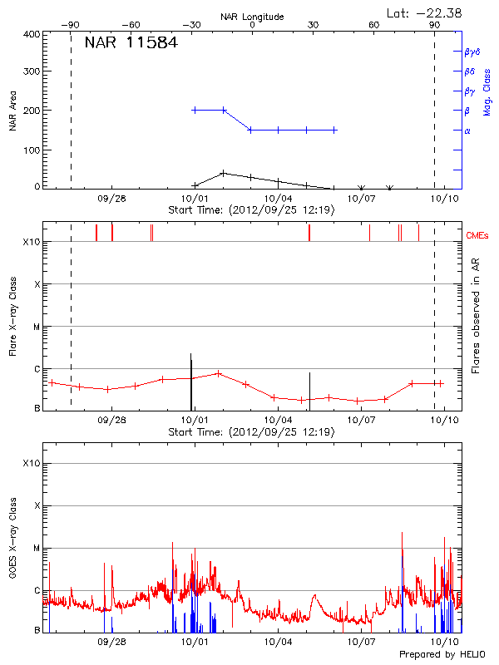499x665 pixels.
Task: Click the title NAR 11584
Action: (x=131, y=43)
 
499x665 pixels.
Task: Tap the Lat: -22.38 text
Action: (x=425, y=12)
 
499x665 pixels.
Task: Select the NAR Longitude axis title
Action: (x=252, y=16)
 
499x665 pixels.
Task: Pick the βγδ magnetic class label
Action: (x=471, y=52)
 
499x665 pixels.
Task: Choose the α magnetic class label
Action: (x=467, y=131)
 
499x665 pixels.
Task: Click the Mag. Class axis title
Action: (x=487, y=91)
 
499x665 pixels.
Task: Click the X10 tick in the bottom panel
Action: (x=30, y=463)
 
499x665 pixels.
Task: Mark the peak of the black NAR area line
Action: (x=223, y=173)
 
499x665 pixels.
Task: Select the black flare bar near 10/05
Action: (x=309, y=391)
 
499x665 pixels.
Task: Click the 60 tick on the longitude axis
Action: (x=374, y=25)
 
